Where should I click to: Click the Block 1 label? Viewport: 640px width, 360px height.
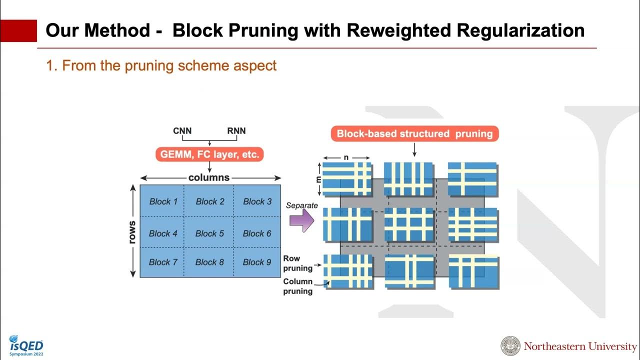(x=163, y=201)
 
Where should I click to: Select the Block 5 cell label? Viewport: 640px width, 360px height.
(x=209, y=233)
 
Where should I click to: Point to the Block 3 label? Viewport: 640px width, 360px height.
(x=257, y=201)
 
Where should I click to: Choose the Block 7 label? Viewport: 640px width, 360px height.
(x=163, y=262)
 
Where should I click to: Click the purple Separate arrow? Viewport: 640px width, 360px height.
(x=302, y=220)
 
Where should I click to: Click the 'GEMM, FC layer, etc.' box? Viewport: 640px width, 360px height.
(x=209, y=154)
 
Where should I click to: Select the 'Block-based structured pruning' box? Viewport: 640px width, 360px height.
(x=414, y=133)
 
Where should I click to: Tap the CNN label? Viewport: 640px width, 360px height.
(x=182, y=131)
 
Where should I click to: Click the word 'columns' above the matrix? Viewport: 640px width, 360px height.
(x=209, y=177)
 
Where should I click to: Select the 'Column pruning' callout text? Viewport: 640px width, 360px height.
(x=297, y=286)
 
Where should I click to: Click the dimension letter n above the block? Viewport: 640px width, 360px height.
(x=346, y=157)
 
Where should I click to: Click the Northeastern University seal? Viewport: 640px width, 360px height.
(x=510, y=346)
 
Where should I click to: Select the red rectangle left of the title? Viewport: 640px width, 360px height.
(x=18, y=30)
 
